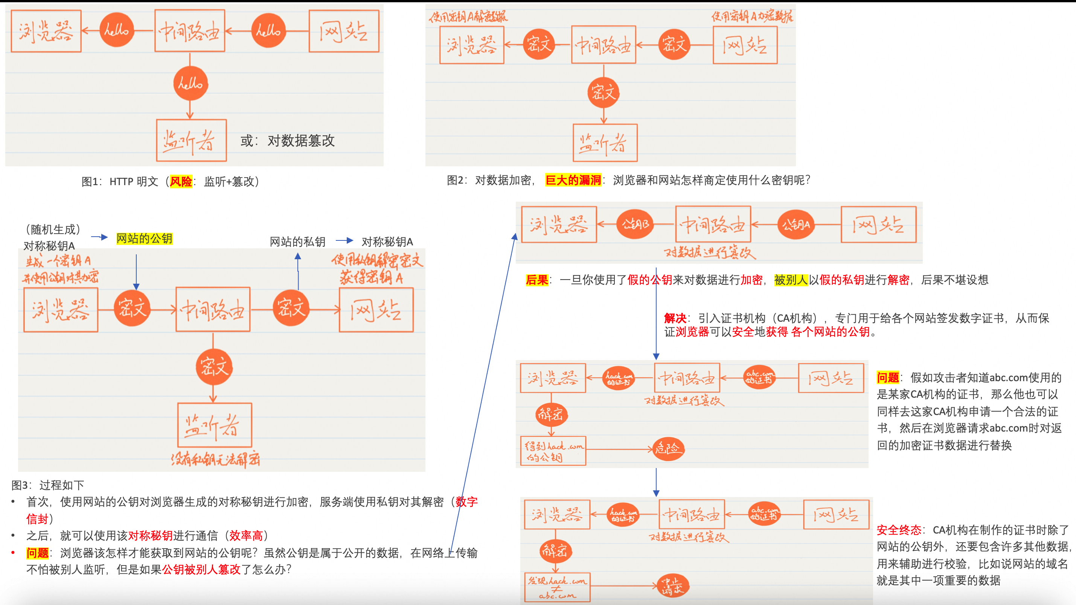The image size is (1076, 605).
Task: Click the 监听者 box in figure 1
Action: [x=191, y=140]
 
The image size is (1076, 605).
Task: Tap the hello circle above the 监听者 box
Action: [x=191, y=83]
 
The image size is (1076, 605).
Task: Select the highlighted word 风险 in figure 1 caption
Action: [x=180, y=182]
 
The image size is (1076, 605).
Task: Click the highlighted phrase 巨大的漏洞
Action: [x=573, y=180]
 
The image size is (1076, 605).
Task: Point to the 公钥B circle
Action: [x=635, y=225]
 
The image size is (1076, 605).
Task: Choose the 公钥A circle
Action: [x=796, y=225]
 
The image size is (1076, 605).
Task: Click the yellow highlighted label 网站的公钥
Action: [x=144, y=239]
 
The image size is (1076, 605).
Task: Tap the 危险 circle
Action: [x=668, y=449]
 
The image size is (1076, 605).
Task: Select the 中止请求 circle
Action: [x=672, y=586]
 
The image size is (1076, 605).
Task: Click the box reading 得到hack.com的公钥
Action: [x=553, y=451]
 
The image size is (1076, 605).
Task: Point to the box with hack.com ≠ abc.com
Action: [x=557, y=587]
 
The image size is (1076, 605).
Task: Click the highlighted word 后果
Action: [x=537, y=280]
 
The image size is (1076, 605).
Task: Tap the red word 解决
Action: [x=675, y=318]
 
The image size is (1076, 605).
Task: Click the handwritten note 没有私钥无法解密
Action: [x=215, y=459]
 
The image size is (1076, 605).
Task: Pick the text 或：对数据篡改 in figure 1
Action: [x=287, y=141]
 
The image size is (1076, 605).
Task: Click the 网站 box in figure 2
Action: [x=745, y=45]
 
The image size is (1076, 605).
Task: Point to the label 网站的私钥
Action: [x=297, y=242]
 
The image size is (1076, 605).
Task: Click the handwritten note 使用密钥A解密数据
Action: [x=468, y=17]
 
